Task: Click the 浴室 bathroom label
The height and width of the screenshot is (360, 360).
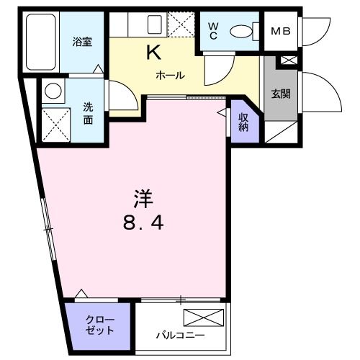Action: pyautogui.click(x=81, y=42)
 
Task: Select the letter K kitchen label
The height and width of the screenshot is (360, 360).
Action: pyautogui.click(x=154, y=52)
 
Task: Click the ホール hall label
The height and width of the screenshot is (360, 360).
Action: pyautogui.click(x=171, y=75)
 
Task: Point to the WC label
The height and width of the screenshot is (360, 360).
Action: pyautogui.click(x=214, y=30)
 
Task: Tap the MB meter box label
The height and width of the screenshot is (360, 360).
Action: pyautogui.click(x=279, y=32)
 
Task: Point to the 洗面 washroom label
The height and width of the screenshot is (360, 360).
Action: pyautogui.click(x=86, y=113)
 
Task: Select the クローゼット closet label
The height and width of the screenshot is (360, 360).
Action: pyautogui.click(x=99, y=325)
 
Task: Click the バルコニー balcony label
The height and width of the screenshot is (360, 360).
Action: pyautogui.click(x=181, y=335)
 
